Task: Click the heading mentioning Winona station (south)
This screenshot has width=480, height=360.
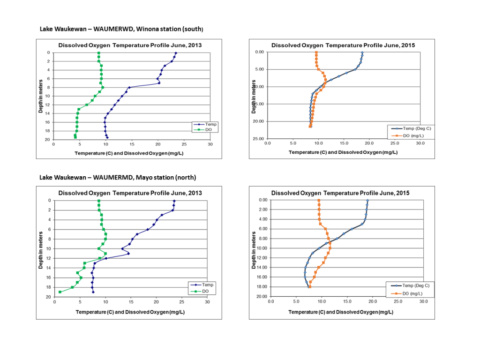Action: [121, 29]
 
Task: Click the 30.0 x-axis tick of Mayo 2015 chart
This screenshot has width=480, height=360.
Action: [423, 302]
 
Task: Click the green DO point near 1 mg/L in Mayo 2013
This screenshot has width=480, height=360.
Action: [60, 292]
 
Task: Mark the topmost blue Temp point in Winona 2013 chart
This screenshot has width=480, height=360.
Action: [176, 53]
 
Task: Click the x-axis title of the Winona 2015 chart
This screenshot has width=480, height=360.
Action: [342, 152]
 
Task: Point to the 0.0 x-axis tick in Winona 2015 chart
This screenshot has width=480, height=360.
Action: [267, 144]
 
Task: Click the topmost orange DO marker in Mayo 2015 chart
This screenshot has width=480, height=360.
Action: [319, 200]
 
